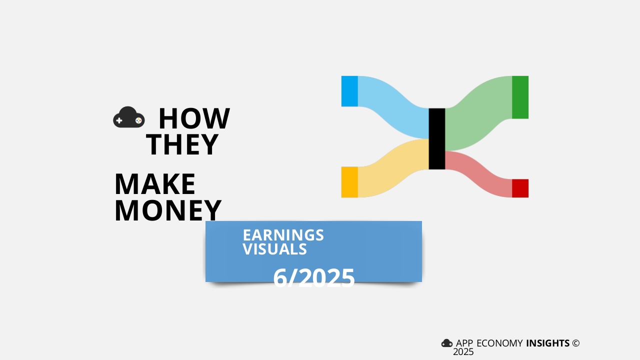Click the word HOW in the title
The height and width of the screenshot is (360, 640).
[194, 118]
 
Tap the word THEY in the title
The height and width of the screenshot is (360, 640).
[182, 144]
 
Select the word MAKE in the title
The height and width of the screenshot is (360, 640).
[155, 184]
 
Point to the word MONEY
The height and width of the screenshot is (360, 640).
[168, 210]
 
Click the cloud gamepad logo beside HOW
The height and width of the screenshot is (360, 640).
[129, 117]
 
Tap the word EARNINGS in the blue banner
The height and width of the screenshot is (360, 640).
[283, 235]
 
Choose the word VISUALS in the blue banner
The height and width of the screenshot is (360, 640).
[274, 249]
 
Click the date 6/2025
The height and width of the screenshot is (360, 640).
[313, 277]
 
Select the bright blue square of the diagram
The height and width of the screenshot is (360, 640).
[349, 91]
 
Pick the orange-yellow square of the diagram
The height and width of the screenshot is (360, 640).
[349, 182]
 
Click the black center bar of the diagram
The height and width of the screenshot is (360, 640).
[437, 139]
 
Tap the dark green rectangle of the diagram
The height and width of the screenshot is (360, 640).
[520, 97]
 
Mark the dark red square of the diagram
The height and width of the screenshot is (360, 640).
[520, 188]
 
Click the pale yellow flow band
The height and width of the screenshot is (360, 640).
[393, 168]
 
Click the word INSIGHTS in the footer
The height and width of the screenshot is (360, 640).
[547, 343]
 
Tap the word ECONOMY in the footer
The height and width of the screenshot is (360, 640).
[499, 343]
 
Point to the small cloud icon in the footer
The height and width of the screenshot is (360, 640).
[447, 343]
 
